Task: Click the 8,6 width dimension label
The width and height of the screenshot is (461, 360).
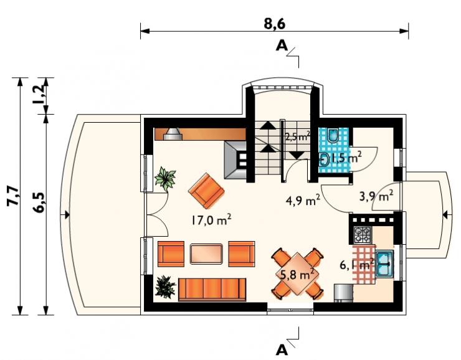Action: [274, 24]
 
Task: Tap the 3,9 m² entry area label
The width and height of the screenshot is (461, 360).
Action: [376, 196]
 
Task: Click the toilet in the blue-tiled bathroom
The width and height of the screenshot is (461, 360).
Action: [333, 136]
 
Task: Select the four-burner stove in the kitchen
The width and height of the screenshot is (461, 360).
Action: [362, 235]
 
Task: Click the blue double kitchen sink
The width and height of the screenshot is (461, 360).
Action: [384, 264]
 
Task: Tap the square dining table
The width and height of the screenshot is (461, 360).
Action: [297, 273]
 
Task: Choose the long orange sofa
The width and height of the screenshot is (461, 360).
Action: [212, 290]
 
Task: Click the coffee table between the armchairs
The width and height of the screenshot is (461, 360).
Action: [206, 254]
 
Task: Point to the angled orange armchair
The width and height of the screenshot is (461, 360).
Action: [206, 191]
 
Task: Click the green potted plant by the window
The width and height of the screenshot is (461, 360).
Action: [165, 178]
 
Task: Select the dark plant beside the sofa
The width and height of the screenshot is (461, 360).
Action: [165, 287]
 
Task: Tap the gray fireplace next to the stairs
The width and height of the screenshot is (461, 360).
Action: [235, 160]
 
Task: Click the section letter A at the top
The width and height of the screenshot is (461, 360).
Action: [282, 45]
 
